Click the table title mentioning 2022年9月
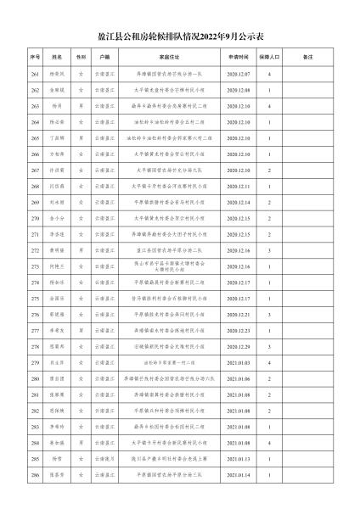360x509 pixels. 180,37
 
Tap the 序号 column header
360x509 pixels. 36,58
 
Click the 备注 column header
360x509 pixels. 309,58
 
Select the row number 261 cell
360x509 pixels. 36,75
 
